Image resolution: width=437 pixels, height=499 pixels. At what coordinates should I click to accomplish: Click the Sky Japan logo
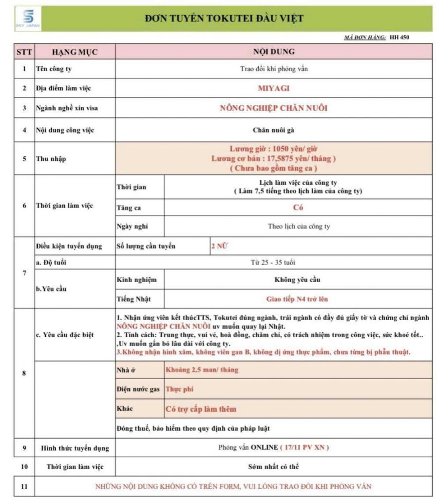point(28,19)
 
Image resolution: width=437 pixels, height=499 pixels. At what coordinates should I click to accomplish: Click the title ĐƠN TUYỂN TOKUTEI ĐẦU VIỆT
point(224,19)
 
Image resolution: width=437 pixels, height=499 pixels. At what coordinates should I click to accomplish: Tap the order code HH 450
point(399,37)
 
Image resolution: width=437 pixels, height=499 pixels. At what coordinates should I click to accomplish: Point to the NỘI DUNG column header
point(273,52)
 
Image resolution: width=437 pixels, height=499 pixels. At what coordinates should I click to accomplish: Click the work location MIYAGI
point(273,89)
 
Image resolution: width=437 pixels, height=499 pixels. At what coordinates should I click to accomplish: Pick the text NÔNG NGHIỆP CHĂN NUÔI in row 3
point(273,108)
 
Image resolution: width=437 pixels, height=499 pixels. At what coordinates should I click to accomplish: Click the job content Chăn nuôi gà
point(273,130)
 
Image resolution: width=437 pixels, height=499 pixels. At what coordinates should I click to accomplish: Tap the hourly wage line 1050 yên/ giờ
point(273,149)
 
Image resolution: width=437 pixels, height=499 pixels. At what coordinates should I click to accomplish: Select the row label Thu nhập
point(50,159)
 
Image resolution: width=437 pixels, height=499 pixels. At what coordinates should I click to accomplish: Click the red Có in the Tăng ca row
point(298,208)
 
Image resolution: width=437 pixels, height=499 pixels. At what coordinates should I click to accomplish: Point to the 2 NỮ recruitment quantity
point(219,246)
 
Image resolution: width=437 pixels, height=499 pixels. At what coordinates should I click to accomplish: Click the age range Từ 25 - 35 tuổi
point(273,263)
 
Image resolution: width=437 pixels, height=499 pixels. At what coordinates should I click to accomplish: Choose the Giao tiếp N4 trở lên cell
point(298,299)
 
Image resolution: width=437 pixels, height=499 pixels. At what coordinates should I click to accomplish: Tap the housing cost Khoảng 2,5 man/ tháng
point(202,370)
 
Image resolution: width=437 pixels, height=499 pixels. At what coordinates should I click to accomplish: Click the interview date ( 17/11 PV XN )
point(304,447)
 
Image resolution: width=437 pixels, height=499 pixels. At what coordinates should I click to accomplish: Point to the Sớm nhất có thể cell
point(273,466)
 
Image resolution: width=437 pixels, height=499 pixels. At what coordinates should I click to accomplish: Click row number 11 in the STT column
point(24,486)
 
